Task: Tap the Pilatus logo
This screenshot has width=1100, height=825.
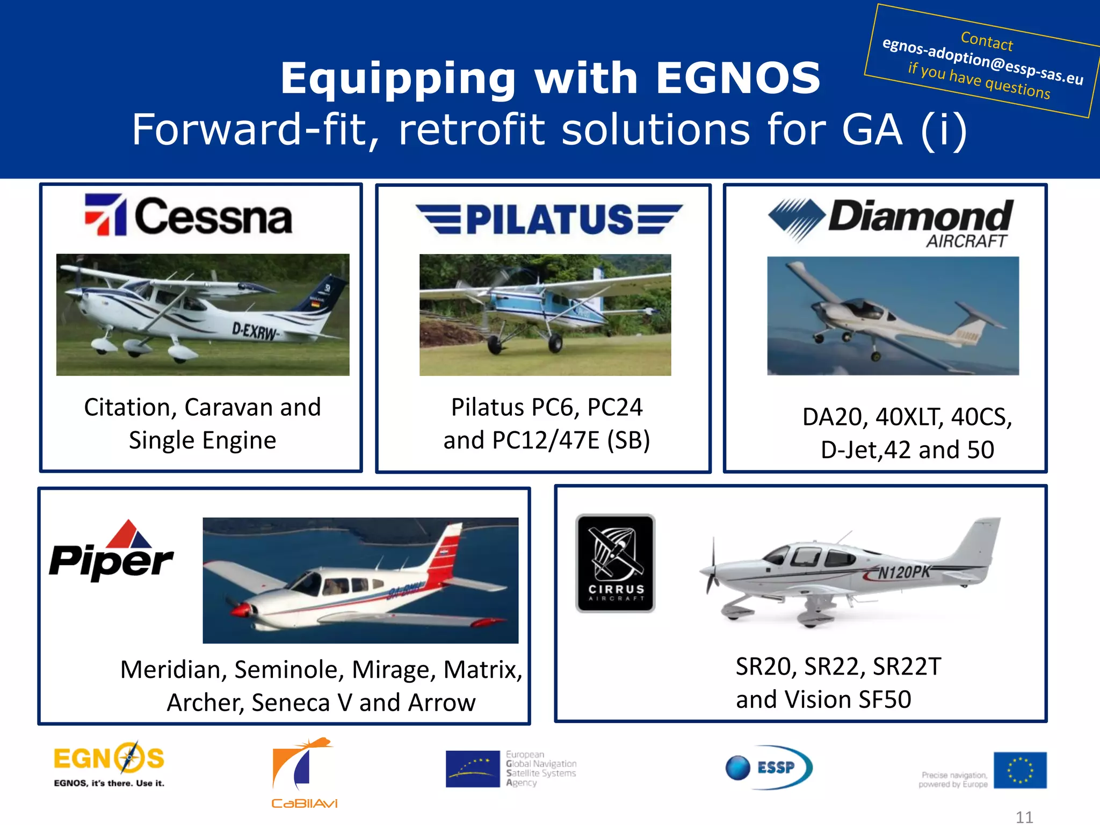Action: [549, 219]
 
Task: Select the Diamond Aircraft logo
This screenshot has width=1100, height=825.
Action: [891, 221]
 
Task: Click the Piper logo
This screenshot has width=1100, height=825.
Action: [111, 552]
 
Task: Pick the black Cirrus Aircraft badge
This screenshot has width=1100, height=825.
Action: [615, 563]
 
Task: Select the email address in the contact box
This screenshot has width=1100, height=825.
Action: [982, 61]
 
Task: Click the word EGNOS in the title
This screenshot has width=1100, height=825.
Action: [738, 78]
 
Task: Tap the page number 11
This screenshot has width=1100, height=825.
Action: [1024, 817]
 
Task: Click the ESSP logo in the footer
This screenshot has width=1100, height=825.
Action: [769, 767]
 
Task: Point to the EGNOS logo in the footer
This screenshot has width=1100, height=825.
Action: [109, 764]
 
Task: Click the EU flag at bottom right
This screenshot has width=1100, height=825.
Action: [1019, 770]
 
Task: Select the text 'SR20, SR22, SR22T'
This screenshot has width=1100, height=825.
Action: [838, 667]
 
